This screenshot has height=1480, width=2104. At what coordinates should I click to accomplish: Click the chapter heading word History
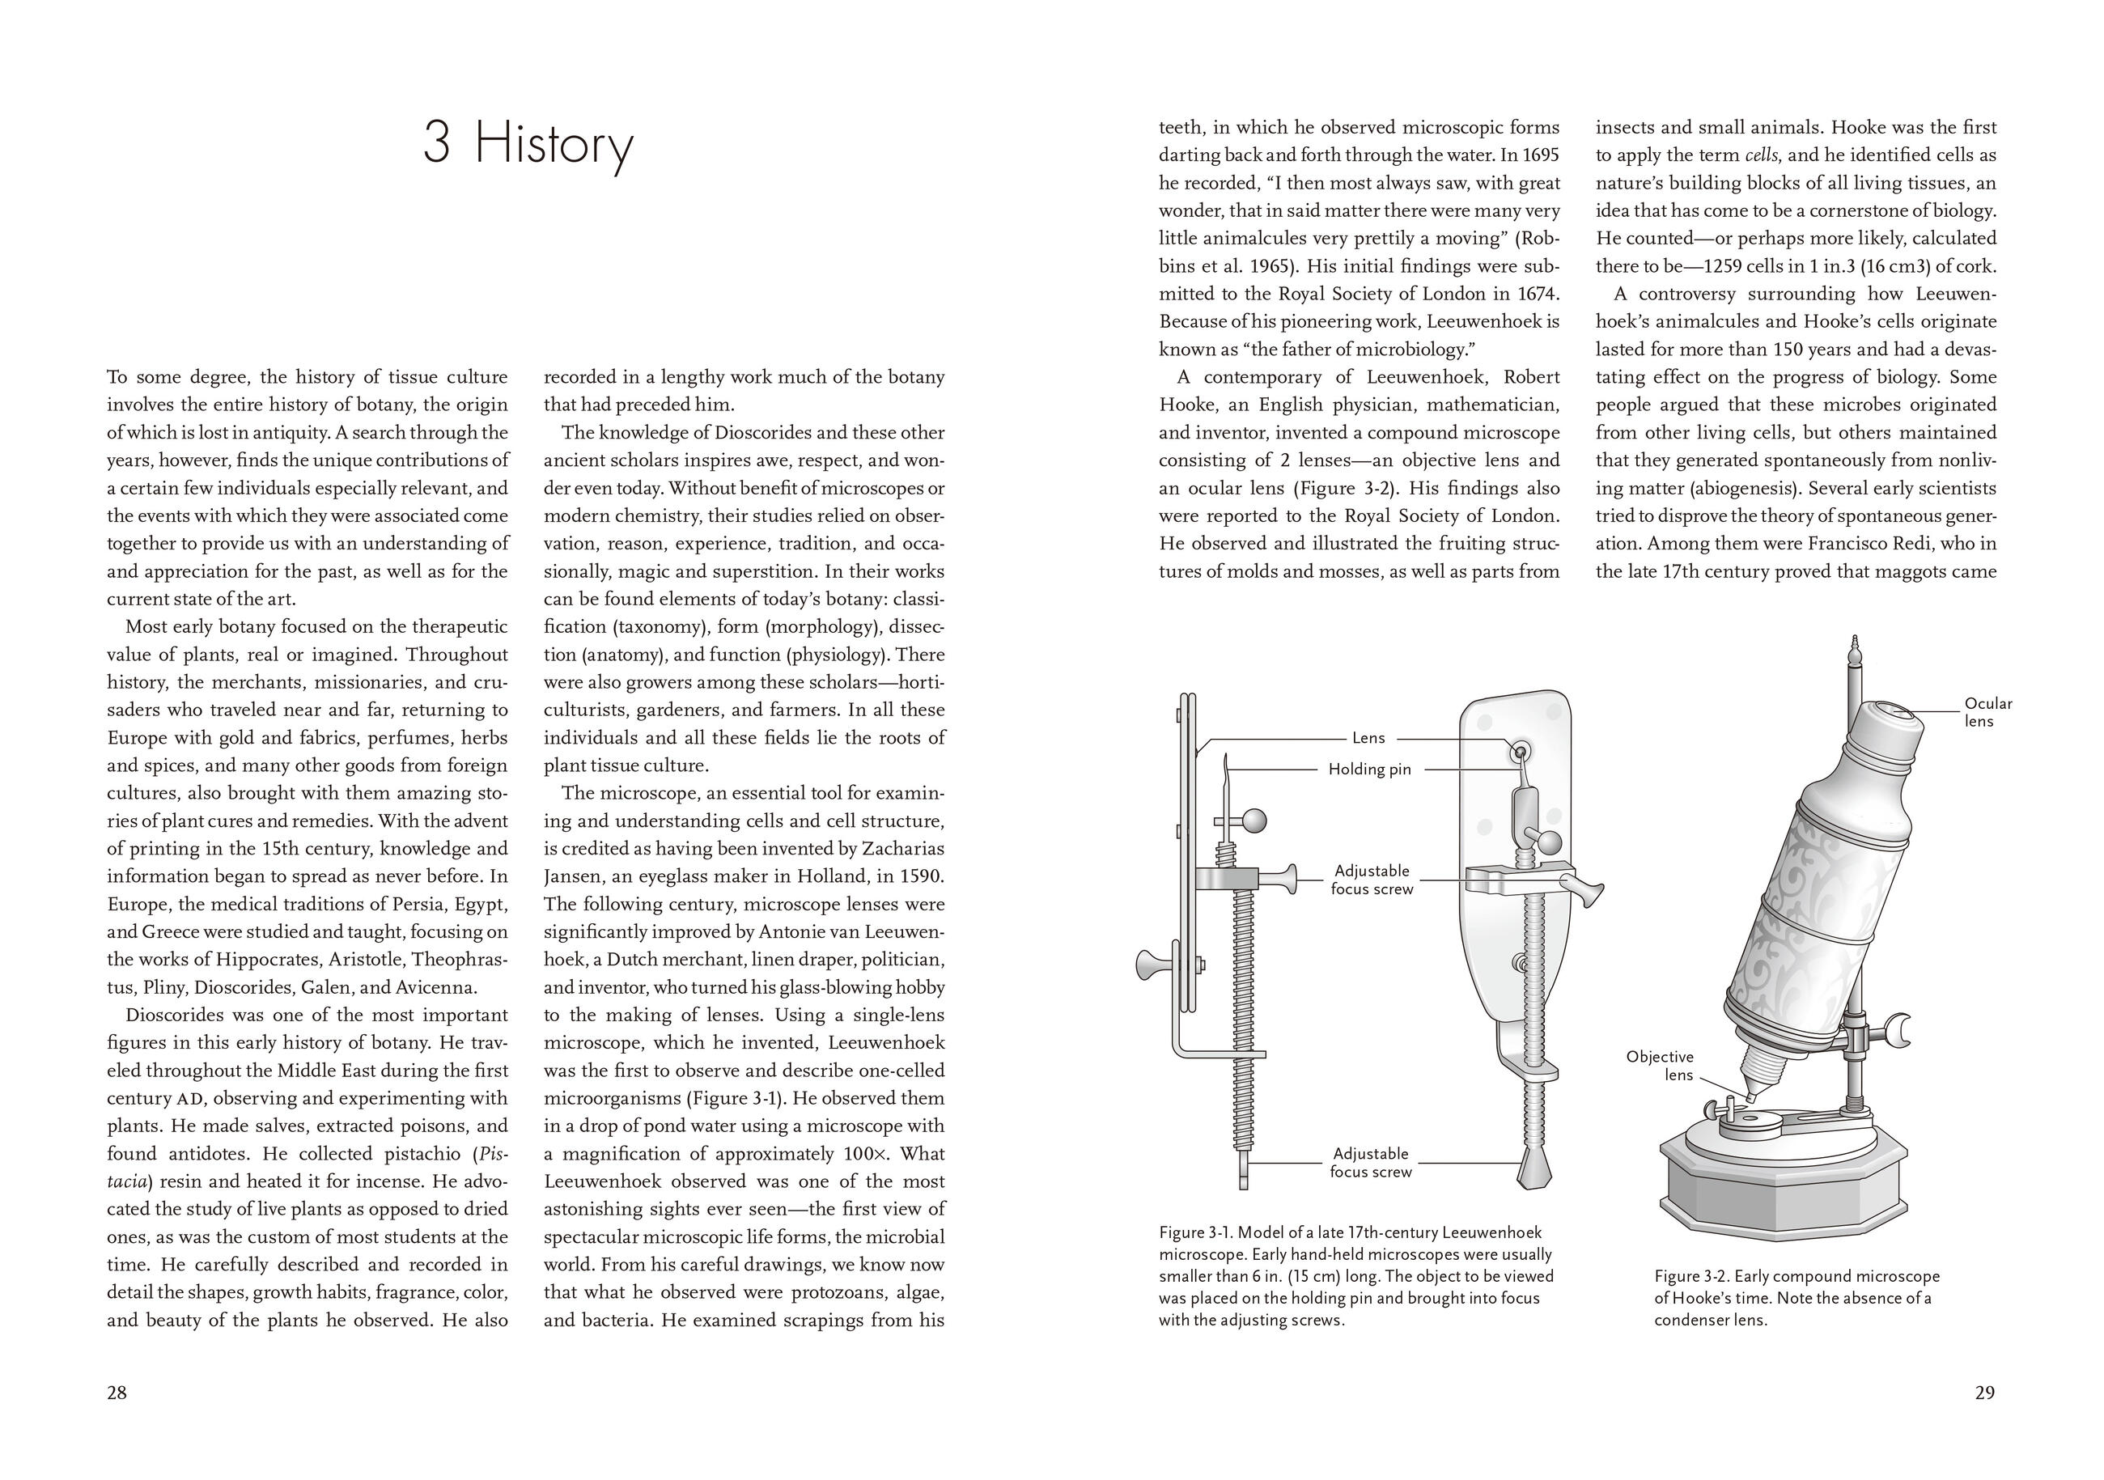pyautogui.click(x=554, y=145)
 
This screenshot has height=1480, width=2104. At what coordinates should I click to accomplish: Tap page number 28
pyautogui.click(x=117, y=1393)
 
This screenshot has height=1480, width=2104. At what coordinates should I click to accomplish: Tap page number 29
pyautogui.click(x=1984, y=1393)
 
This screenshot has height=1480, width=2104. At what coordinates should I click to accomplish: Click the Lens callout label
pyautogui.click(x=1368, y=738)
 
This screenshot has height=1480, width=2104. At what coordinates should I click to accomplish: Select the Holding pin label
pyautogui.click(x=1369, y=769)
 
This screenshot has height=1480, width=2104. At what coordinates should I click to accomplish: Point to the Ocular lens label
pyautogui.click(x=1987, y=712)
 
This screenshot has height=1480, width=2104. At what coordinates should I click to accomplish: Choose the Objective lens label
pyautogui.click(x=1660, y=1066)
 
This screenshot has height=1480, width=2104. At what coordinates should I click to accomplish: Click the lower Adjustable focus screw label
pyautogui.click(x=1371, y=1163)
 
